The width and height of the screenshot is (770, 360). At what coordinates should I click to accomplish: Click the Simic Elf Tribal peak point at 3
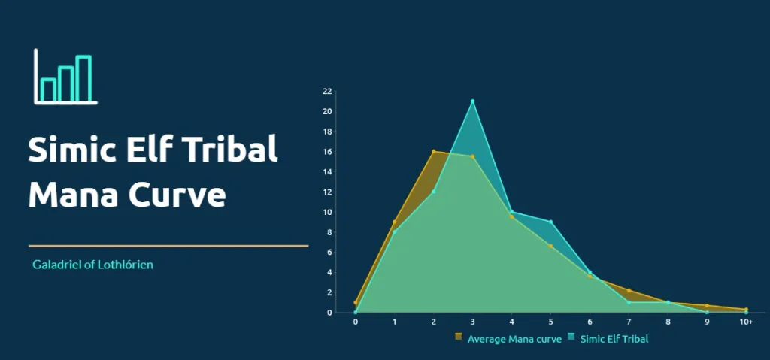(472, 101)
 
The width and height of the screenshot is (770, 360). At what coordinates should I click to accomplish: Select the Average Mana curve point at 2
(434, 152)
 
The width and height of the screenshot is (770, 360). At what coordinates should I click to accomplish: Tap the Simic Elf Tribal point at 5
(551, 222)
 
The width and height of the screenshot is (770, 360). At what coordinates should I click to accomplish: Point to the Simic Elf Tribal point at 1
(394, 231)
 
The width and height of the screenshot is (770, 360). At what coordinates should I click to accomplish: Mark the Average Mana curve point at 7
(629, 290)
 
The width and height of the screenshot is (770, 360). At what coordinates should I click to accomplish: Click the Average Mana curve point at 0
(356, 303)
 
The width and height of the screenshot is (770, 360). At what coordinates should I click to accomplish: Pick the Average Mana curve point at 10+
(746, 310)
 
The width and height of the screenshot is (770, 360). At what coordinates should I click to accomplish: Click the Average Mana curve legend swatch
(459, 337)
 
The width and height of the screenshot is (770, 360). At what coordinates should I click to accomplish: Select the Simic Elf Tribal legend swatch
(571, 337)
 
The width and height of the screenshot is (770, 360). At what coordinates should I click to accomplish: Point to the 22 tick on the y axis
(327, 92)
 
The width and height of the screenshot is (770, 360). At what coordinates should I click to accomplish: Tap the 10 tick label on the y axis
(327, 212)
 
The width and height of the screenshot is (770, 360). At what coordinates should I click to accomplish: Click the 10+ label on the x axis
(746, 322)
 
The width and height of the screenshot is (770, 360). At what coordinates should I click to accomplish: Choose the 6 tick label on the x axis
(590, 322)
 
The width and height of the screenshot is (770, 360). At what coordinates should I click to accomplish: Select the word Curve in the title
(177, 195)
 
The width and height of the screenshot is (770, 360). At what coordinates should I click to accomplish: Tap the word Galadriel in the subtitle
(53, 265)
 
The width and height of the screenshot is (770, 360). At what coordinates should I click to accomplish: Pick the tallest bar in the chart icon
(84, 79)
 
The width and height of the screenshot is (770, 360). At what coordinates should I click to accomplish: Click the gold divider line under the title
(168, 246)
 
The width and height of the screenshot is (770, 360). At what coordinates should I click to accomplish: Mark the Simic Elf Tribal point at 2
(434, 191)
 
